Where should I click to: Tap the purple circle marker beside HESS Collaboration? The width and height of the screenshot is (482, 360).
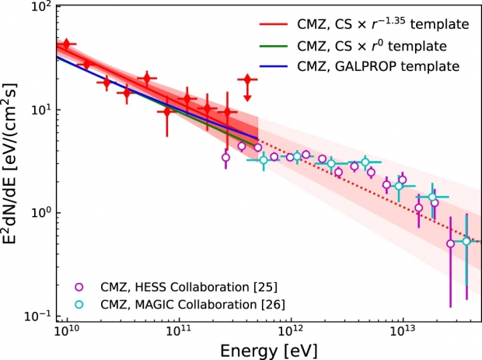(x=79, y=286)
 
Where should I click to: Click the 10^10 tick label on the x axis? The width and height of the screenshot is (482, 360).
(x=67, y=330)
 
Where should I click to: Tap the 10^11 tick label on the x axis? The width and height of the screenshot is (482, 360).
(x=179, y=330)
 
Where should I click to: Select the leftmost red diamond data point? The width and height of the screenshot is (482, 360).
(x=67, y=44)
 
